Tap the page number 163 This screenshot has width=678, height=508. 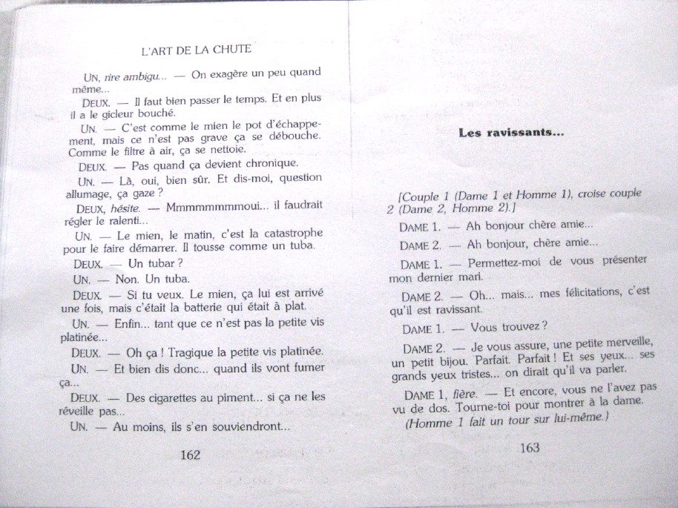530,447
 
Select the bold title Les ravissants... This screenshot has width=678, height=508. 511,133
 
